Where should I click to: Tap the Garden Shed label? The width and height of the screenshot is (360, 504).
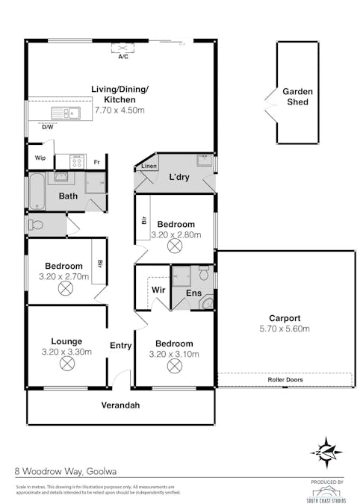(x=297, y=97)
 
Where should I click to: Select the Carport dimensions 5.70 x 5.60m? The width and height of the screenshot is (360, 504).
(x=284, y=329)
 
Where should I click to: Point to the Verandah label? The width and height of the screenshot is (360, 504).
(x=121, y=405)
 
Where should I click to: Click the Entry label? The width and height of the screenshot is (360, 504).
(x=121, y=346)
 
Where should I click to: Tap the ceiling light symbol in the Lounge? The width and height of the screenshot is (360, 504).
(x=67, y=364)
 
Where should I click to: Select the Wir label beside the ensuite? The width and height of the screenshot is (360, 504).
(x=158, y=289)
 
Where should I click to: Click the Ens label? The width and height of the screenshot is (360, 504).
(x=193, y=293)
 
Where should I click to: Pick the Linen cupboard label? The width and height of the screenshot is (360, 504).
(x=149, y=167)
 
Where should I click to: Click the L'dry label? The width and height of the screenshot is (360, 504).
(x=179, y=177)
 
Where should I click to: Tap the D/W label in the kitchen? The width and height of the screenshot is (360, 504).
(x=47, y=127)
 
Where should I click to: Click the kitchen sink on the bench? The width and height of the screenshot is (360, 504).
(x=65, y=113)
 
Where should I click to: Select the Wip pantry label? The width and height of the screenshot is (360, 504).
(x=41, y=159)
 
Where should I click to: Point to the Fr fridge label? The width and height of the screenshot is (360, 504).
(x=96, y=161)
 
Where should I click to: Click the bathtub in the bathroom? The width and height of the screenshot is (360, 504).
(x=37, y=192)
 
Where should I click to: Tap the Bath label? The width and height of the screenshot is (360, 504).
(x=69, y=196)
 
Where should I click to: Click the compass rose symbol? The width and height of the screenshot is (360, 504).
(x=326, y=452)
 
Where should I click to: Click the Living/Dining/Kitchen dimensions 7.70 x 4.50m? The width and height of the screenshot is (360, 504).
(x=120, y=111)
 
